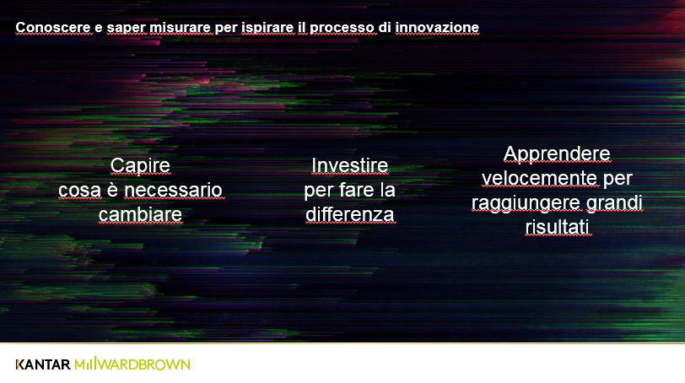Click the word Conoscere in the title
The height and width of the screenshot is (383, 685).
[x=53, y=28]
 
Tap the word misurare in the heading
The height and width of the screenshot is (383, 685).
[x=180, y=28]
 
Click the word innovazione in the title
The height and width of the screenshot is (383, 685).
[x=437, y=28]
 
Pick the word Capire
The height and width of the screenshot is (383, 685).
[x=140, y=166]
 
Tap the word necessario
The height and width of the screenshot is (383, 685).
[x=173, y=190]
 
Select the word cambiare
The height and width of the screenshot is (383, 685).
[x=140, y=214]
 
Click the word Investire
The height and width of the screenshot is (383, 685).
[x=349, y=165]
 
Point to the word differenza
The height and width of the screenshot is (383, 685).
[x=349, y=214]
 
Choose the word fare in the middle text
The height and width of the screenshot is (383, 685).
[x=356, y=190]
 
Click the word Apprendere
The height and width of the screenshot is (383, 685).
[x=557, y=154]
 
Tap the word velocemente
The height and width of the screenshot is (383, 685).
[x=540, y=178]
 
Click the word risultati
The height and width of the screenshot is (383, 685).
[x=557, y=227]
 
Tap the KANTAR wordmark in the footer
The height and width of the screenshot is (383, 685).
[x=43, y=364]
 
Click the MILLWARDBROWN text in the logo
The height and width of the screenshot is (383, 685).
[x=132, y=364]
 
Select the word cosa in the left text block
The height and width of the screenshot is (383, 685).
[x=79, y=191]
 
